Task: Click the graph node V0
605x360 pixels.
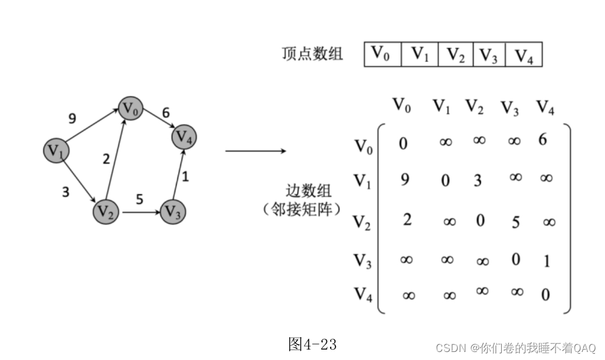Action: (131, 109)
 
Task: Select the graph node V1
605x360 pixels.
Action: (56, 150)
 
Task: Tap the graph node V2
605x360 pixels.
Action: (105, 212)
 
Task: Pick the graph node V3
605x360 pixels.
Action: (173, 212)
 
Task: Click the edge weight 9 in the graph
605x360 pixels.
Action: (72, 118)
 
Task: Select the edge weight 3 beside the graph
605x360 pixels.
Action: (66, 191)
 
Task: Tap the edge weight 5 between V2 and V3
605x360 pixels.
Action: (139, 199)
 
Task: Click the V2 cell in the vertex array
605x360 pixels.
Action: (455, 54)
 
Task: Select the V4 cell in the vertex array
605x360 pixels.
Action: (523, 54)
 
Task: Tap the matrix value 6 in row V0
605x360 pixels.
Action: (543, 140)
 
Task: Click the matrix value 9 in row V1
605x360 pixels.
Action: (405, 180)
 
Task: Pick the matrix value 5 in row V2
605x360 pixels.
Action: (515, 222)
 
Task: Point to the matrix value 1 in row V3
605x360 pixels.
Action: (546, 261)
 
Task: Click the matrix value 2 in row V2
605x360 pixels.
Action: (407, 219)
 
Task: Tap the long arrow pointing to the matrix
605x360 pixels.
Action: (255, 151)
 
